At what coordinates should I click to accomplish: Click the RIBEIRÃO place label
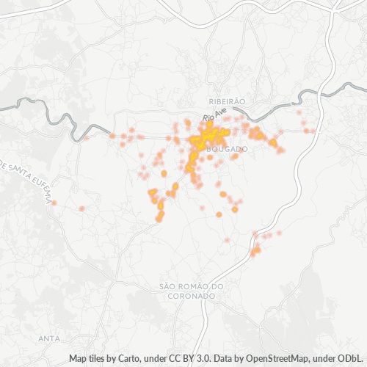pos(225,101)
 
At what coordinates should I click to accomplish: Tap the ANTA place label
pos(48,338)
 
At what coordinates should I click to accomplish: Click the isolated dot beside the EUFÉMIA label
pos(54,203)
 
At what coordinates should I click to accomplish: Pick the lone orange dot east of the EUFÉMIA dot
pos(81,208)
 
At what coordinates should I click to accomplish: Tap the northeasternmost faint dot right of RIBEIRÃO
pos(299,112)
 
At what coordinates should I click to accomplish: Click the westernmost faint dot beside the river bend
pos(87,137)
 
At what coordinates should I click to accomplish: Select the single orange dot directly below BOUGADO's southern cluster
pos(219,214)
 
